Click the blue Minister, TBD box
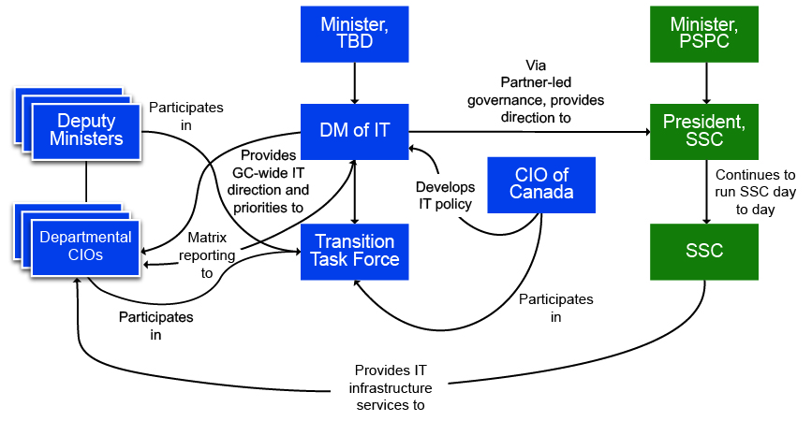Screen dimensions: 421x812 (355, 35)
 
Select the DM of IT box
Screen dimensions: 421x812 (355, 132)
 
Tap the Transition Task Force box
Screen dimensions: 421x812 (355, 251)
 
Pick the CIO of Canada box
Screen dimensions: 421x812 (541, 184)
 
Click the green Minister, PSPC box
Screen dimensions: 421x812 (706, 35)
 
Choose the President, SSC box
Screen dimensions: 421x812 (706, 132)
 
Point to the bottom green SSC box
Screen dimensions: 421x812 (706, 251)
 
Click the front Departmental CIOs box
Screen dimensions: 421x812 (85, 246)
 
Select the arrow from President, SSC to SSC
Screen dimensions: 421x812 (706, 192)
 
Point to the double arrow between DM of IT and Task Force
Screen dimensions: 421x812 (355, 192)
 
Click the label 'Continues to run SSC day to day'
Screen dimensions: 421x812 (755, 192)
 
